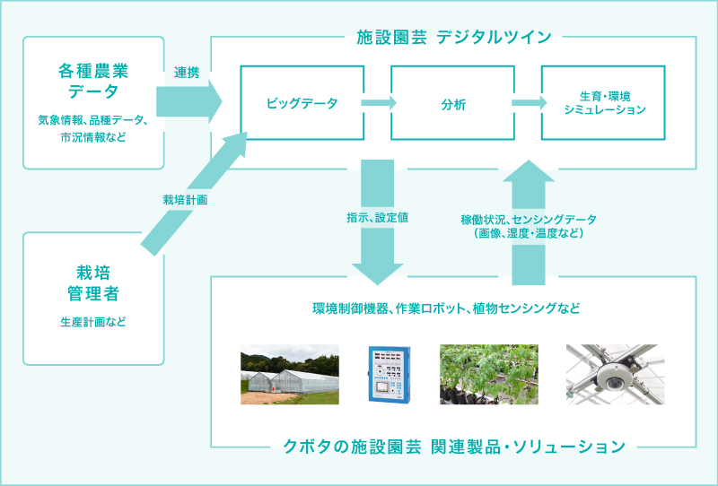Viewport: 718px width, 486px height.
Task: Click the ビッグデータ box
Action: [x=302, y=103]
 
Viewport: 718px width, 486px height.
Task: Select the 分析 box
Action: [x=453, y=103]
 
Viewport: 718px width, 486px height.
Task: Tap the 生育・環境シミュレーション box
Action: [x=603, y=103]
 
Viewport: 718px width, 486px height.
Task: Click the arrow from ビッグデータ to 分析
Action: [x=378, y=103]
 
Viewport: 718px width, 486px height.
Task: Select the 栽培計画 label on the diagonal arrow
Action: [x=185, y=199]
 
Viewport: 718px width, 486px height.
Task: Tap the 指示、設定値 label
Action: [x=378, y=217]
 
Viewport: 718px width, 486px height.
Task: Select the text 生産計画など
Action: [x=93, y=322]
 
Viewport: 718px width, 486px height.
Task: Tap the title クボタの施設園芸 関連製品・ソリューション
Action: [x=453, y=446]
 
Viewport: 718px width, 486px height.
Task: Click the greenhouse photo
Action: [x=289, y=374]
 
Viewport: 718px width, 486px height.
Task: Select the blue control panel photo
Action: [x=390, y=374]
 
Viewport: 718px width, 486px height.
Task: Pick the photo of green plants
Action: [x=489, y=374]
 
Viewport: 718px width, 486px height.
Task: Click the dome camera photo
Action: [x=614, y=374]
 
